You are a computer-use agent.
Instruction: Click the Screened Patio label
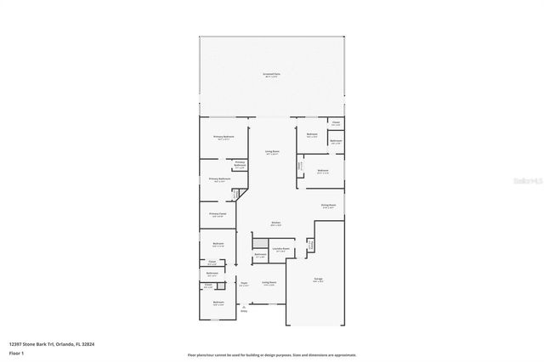pyautogui.click(x=271, y=76)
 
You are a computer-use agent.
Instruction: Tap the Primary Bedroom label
pyautogui.click(x=224, y=137)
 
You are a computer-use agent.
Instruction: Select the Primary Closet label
pyautogui.click(x=218, y=214)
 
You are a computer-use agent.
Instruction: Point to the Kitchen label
pyautogui.click(x=276, y=223)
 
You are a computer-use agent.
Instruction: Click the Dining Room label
pyautogui.click(x=328, y=206)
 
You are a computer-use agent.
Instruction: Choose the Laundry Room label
pyautogui.click(x=280, y=249)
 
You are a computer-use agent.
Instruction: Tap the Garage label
pyautogui.click(x=317, y=279)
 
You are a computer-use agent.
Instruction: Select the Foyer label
pyautogui.click(x=243, y=284)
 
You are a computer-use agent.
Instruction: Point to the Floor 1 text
pyautogui.click(x=17, y=353)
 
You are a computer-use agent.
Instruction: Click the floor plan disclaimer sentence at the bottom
pyautogui.click(x=271, y=354)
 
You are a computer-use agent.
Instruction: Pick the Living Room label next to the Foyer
pyautogui.click(x=269, y=283)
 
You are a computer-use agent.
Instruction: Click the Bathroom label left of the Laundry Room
pyautogui.click(x=261, y=255)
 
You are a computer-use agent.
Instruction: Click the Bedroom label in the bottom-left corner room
pyautogui.click(x=218, y=303)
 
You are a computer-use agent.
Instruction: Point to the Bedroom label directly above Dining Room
pyautogui.click(x=322, y=171)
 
